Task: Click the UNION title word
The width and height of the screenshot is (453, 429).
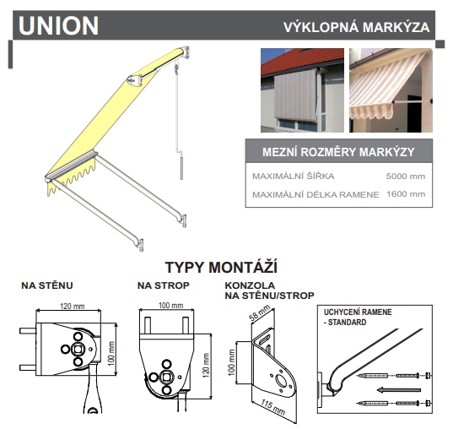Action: point(58,26)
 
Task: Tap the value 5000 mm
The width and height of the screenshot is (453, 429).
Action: point(404,177)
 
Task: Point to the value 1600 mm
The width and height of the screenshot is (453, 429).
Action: point(404,194)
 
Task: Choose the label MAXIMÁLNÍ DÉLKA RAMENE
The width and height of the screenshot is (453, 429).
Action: point(307,194)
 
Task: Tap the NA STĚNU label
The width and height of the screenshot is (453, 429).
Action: point(45,285)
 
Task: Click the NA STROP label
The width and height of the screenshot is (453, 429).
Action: point(163,285)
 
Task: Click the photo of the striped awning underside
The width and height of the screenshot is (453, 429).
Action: point(391,89)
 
